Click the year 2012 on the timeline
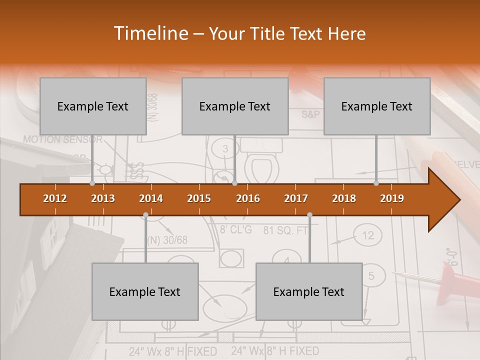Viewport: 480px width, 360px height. [x=55, y=198]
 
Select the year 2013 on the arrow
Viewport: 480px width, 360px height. [x=103, y=198]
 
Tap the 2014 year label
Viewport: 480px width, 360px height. [x=151, y=198]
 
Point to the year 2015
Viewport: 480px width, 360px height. [x=199, y=198]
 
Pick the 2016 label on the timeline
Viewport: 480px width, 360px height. [x=248, y=198]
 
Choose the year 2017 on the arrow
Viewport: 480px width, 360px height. [x=296, y=198]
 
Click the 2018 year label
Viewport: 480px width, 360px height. [x=344, y=198]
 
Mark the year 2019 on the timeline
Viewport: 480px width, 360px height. [x=392, y=198]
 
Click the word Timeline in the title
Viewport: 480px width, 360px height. [x=149, y=33]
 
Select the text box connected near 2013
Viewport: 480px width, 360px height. [x=93, y=106]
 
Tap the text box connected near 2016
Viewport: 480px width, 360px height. [x=235, y=106]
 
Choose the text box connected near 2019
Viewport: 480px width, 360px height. [x=377, y=106]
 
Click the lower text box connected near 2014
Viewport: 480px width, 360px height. [x=145, y=291]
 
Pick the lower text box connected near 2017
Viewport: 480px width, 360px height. [x=309, y=291]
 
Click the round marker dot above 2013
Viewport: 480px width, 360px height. [x=92, y=183]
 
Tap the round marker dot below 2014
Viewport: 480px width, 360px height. [x=145, y=215]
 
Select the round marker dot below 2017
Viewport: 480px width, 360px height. [x=309, y=215]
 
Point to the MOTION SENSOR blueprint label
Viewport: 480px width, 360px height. [x=62, y=139]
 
